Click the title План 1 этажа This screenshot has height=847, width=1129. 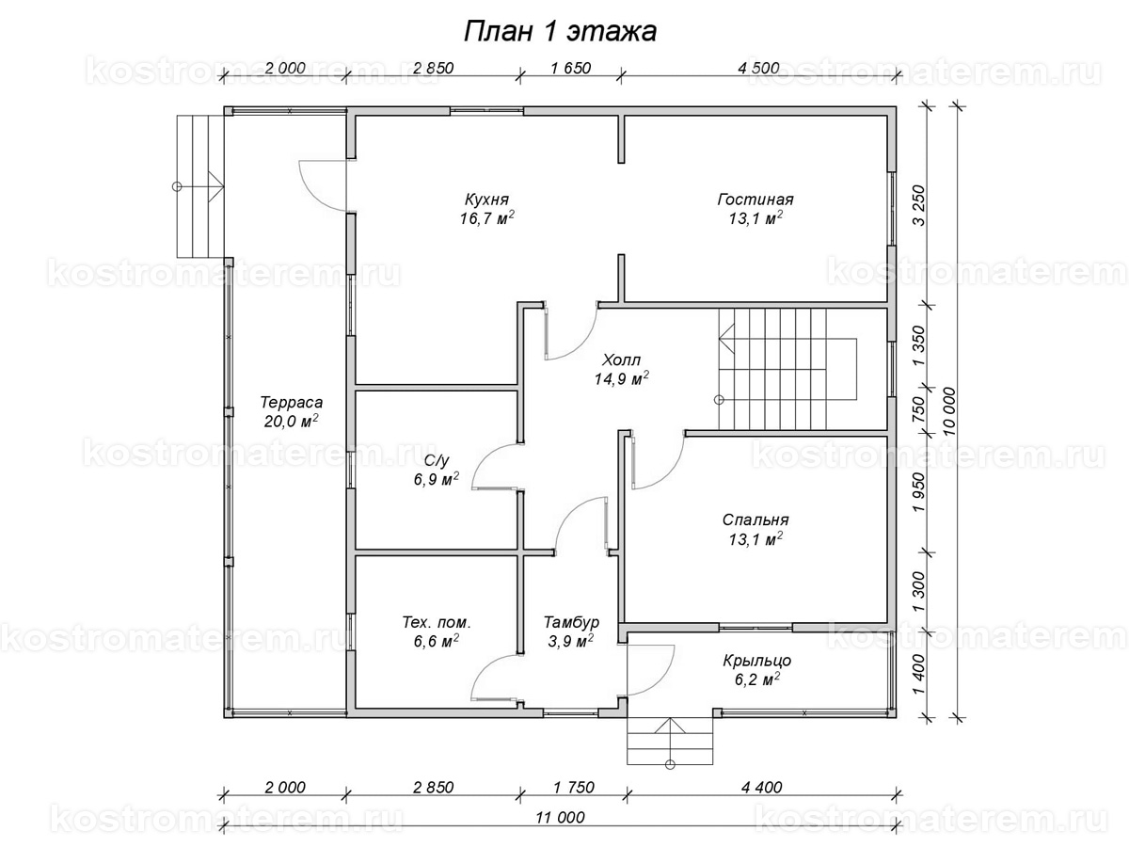click(x=561, y=32)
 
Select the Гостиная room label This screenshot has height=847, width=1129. click(x=755, y=200)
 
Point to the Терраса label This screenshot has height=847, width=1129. click(x=292, y=402)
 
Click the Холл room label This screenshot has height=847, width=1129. click(x=621, y=360)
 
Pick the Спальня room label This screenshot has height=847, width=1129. click(x=755, y=519)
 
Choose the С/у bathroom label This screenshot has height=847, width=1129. click(x=436, y=460)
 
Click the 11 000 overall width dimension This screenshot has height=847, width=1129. click(x=559, y=817)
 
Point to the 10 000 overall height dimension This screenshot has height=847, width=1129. click(x=947, y=410)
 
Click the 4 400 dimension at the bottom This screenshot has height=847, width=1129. click(x=759, y=787)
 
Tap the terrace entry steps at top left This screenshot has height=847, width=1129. click(x=199, y=184)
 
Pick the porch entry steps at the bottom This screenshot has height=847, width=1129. click(x=669, y=743)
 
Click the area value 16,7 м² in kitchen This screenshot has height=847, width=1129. click(x=486, y=219)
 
